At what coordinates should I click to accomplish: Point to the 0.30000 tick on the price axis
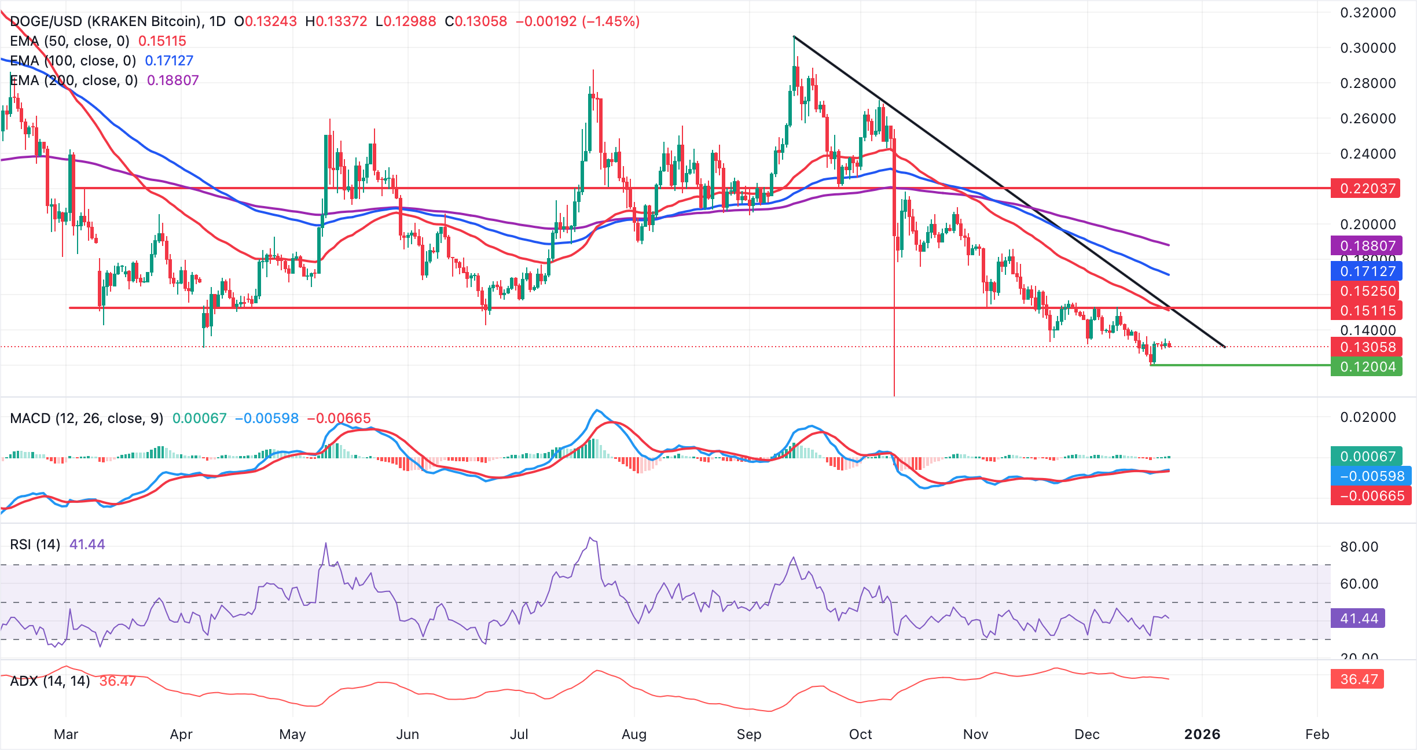pos(1368,48)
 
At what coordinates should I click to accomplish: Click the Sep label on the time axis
pos(748,734)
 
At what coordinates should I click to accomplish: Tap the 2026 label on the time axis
pos(1202,734)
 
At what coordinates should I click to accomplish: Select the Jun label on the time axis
pos(407,734)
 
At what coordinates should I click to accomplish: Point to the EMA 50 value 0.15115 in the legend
pos(162,41)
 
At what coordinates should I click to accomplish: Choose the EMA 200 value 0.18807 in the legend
pos(172,80)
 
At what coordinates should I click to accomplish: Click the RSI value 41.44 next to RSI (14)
pos(87,545)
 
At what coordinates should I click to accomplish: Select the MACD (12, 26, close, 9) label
pos(86,418)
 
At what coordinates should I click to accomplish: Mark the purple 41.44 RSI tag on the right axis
pos(1358,619)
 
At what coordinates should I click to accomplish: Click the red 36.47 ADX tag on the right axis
pos(1358,679)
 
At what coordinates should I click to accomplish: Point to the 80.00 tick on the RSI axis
pos(1359,547)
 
